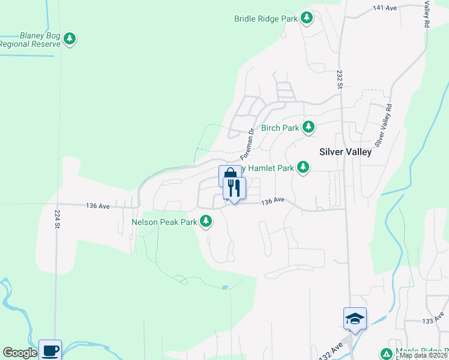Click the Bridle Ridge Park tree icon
tap(307, 18)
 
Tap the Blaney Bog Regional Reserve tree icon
tap(70, 40)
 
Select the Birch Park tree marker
tap(308, 127)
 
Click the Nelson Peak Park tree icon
tap(206, 221)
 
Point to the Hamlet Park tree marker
tap(303, 167)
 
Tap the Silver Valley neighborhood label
tap(345, 152)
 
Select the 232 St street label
tap(339, 79)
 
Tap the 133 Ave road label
tap(427, 322)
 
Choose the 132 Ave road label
tap(332, 350)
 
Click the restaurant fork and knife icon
tap(235, 188)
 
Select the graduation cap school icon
tap(355, 318)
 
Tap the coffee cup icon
tap(50, 350)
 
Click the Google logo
tap(19, 353)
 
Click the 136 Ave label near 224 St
tap(98, 206)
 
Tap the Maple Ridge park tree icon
tap(386, 352)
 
